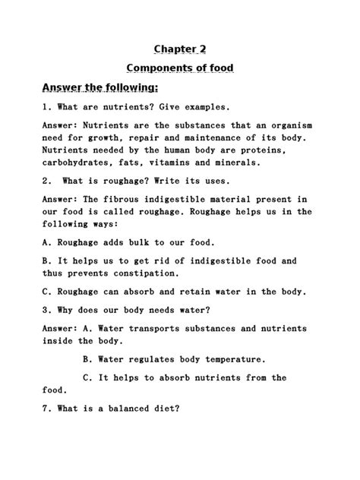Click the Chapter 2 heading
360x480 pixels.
[180, 49]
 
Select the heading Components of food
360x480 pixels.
[180, 68]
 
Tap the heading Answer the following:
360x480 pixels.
[100, 87]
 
